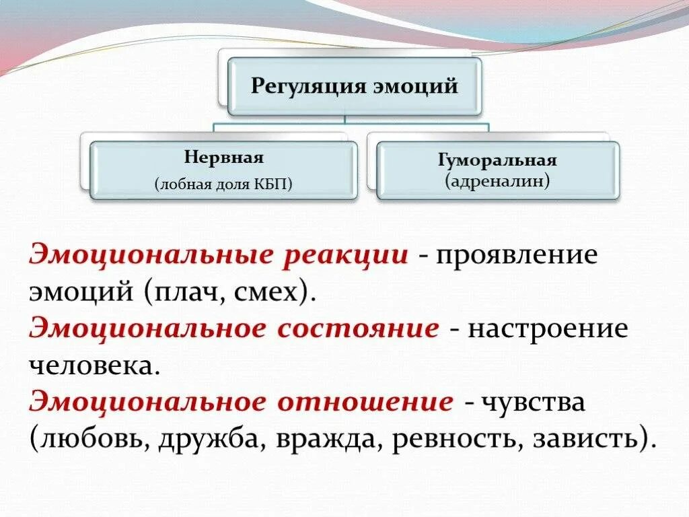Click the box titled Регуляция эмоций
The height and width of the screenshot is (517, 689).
[355, 86]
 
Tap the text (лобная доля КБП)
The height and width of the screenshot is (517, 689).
[223, 184]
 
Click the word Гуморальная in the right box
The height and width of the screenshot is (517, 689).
[497, 161]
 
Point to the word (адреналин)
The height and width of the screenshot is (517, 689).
[497, 180]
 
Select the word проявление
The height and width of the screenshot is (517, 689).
[516, 256]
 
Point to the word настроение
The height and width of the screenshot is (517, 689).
[548, 330]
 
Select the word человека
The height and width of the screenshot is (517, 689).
[95, 366]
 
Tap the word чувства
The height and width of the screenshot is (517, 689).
[532, 403]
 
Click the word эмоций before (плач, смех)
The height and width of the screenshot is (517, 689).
[77, 294]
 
